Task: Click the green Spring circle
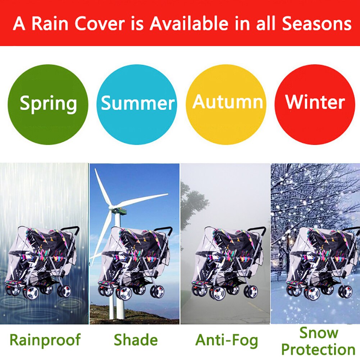(x=48, y=104)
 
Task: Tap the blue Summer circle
(x=137, y=104)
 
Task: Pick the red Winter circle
(x=315, y=104)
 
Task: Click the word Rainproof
(x=45, y=340)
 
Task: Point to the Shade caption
(x=136, y=340)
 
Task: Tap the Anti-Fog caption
(x=227, y=340)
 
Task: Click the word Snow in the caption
(x=319, y=333)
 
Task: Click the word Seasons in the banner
(x=316, y=23)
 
